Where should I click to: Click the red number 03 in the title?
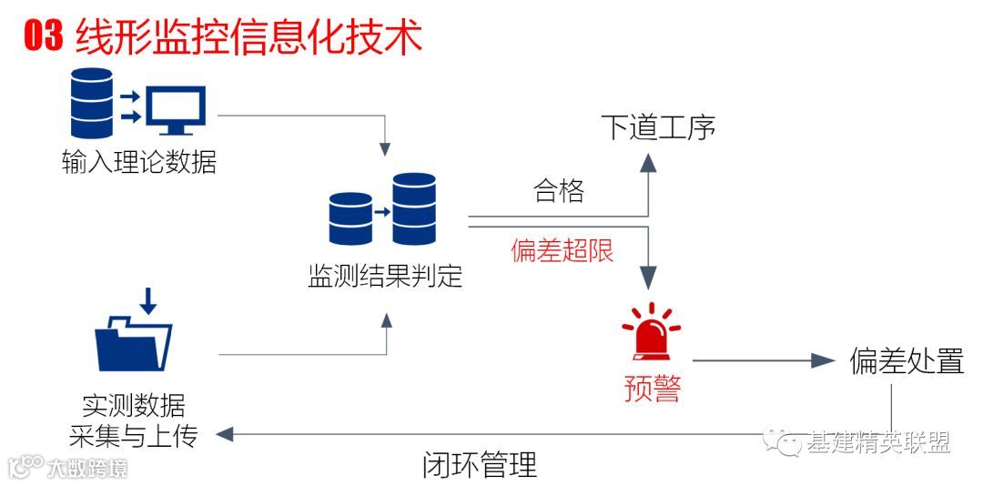44,37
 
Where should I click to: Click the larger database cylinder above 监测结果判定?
414,208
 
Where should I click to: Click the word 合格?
559,191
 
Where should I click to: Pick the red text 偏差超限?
562,251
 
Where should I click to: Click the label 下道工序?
658,127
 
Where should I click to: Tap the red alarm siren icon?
651,333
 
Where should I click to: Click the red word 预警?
652,389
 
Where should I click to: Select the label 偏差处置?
907,361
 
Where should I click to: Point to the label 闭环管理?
480,465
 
